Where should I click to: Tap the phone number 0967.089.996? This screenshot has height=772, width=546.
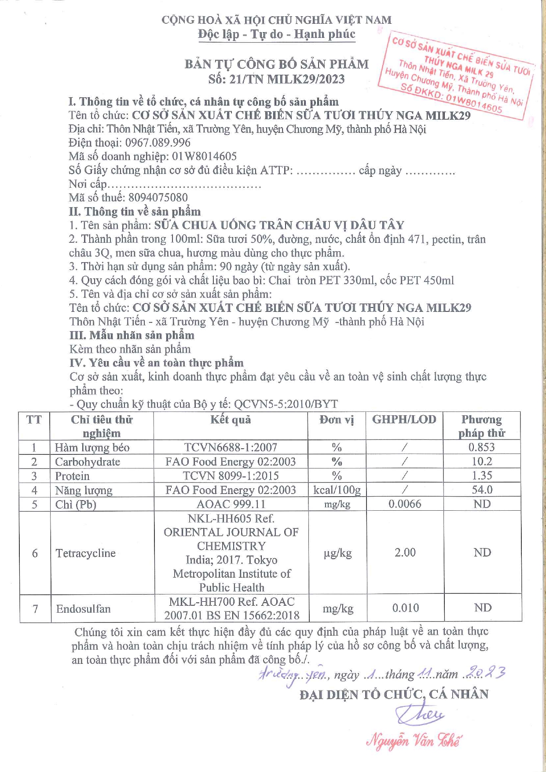(158, 143)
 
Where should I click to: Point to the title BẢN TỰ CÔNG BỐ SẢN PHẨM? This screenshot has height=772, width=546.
(276, 64)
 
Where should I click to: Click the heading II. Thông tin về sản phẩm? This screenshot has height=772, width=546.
(135, 212)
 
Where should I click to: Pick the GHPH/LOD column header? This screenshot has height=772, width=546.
(404, 419)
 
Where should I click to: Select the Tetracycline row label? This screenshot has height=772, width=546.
(85, 553)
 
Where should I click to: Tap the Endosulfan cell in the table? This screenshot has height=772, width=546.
(83, 609)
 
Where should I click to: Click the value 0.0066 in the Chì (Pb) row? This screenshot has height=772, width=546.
(404, 504)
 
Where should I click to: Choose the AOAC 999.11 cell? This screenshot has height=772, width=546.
(231, 504)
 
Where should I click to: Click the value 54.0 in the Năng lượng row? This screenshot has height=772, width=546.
(482, 490)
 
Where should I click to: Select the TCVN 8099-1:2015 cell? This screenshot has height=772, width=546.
(231, 476)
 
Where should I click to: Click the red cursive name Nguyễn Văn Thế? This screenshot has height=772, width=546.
(414, 741)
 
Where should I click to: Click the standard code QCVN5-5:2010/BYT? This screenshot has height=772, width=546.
(286, 404)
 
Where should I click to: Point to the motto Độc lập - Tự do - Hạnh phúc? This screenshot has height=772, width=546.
(276, 34)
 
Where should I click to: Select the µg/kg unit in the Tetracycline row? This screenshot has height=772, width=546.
(337, 553)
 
